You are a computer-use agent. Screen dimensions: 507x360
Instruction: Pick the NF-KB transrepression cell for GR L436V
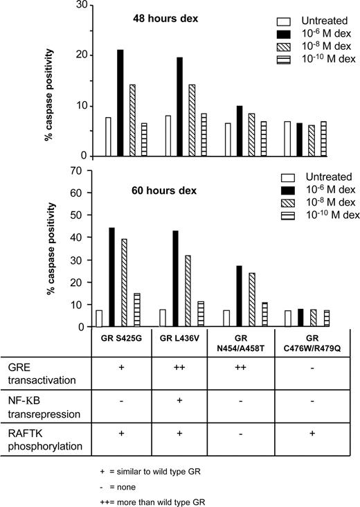point(180,402)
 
